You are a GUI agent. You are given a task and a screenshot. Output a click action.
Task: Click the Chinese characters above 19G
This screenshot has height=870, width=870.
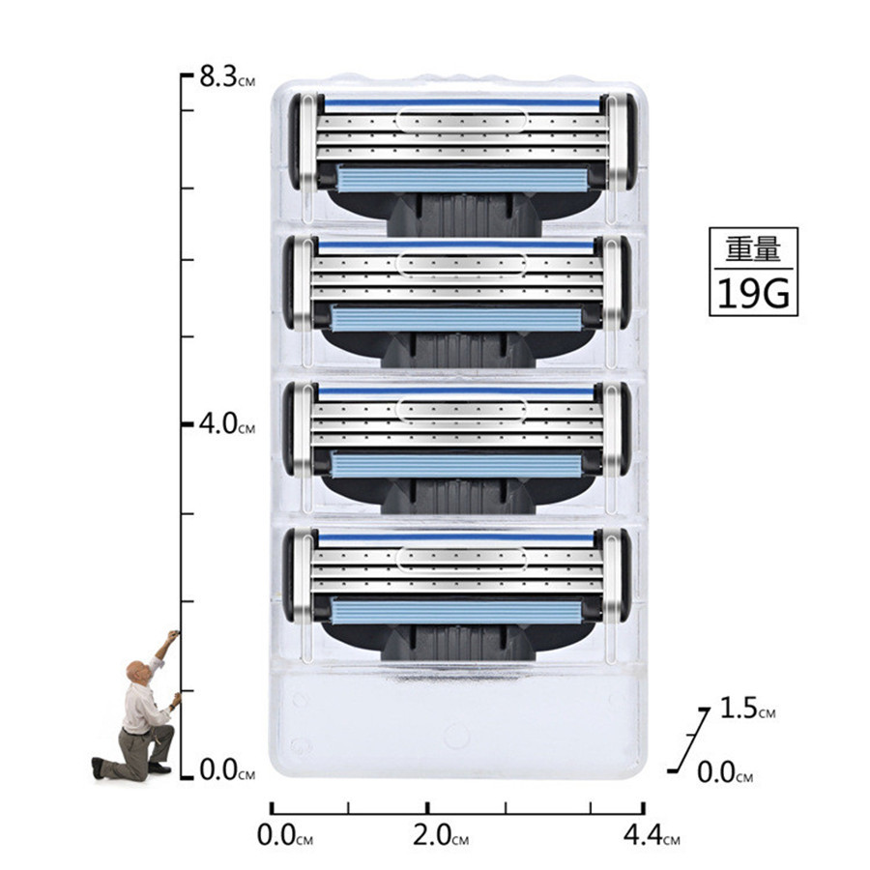tap(753, 249)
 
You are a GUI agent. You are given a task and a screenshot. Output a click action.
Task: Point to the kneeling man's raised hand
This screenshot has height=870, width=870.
tap(174, 635)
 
